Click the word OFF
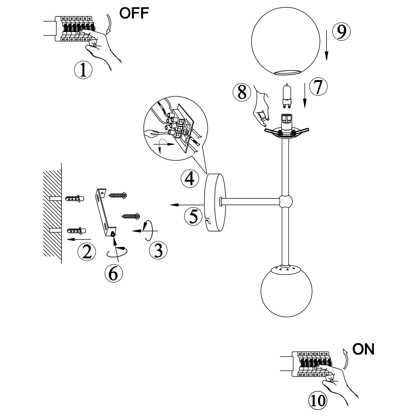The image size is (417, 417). click(x=134, y=13)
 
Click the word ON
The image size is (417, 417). click(x=363, y=349)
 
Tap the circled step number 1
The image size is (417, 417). click(x=83, y=70)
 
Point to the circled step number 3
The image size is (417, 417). click(x=158, y=251)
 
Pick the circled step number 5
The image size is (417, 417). click(x=193, y=216)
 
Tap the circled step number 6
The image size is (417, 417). click(x=114, y=273)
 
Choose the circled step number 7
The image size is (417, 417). click(x=318, y=86)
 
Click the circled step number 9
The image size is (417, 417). click(x=341, y=31)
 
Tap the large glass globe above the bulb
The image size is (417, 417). click(x=286, y=41)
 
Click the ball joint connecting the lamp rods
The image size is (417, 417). click(x=286, y=201)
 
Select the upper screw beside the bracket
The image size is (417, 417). click(x=117, y=195)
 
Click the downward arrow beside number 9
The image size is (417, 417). click(x=327, y=45)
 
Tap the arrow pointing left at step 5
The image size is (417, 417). click(x=187, y=205)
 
